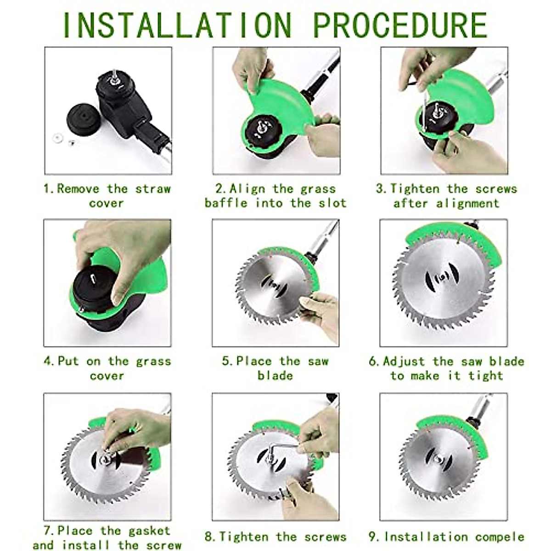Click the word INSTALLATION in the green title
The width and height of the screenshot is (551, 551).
[x=177, y=25]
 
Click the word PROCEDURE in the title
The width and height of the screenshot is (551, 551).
[x=400, y=25]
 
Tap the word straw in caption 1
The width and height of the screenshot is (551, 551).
[x=153, y=189]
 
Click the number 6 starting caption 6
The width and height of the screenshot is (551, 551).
[x=373, y=361]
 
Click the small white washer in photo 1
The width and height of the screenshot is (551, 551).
[x=57, y=138]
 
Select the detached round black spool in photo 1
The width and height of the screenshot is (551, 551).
[x=84, y=119]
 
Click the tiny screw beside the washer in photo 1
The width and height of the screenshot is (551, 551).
[x=71, y=142]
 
